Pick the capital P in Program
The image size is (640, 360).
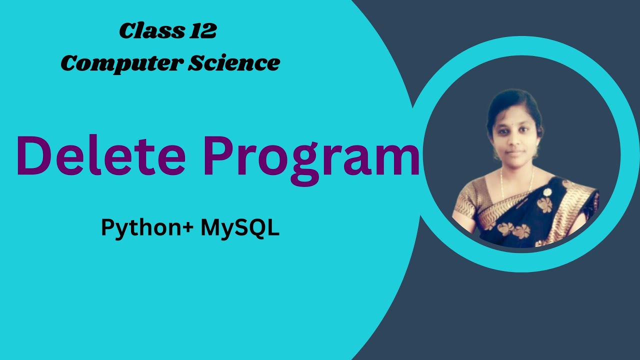click(x=218, y=156)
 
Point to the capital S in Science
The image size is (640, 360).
click(x=194, y=62)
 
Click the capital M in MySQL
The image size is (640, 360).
click(x=210, y=228)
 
